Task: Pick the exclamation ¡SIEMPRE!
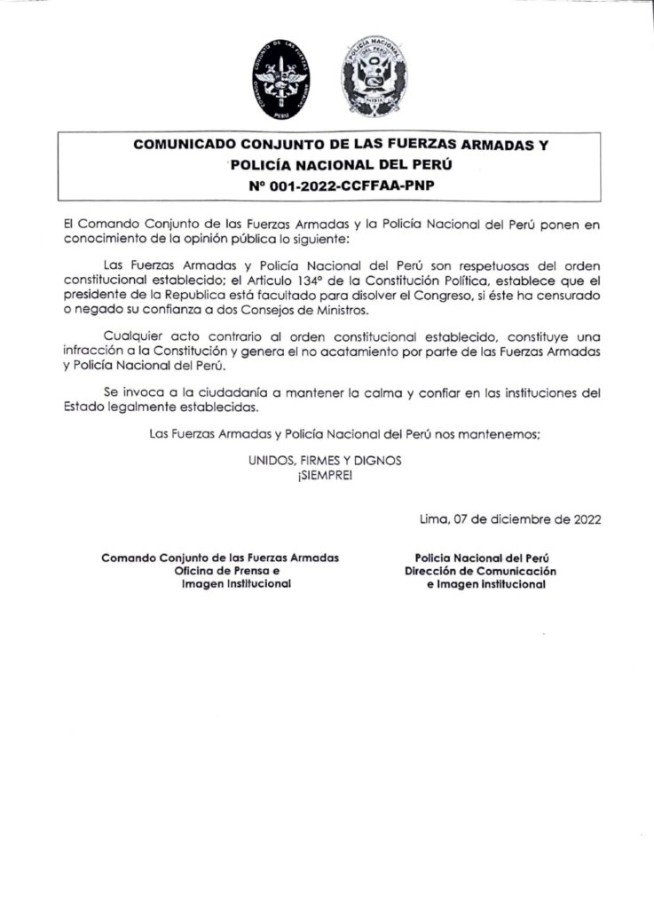pos(326,477)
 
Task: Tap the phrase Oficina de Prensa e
pos(227,572)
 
